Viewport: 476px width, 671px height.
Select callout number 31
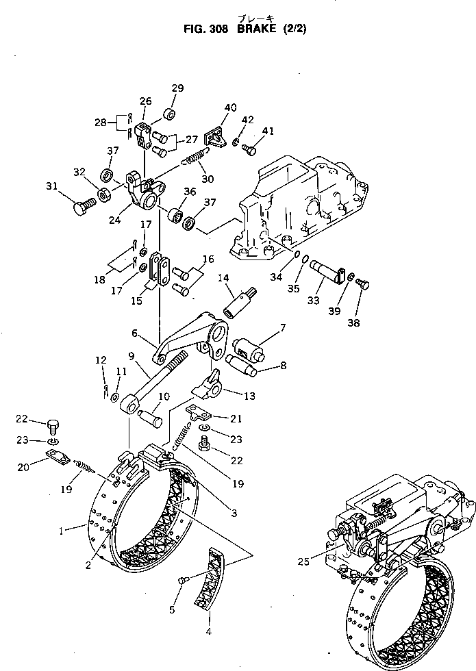(x=51, y=186)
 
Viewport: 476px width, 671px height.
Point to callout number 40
(x=230, y=107)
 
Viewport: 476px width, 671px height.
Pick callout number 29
(x=177, y=88)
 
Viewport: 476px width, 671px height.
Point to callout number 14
(x=223, y=277)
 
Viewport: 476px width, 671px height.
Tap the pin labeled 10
(x=151, y=415)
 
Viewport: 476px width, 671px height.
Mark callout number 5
(x=172, y=609)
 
